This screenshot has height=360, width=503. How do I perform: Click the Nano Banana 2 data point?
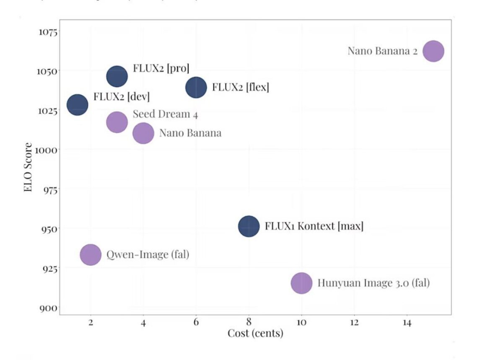tap(433, 51)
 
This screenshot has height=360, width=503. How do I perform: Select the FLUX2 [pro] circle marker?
tap(117, 76)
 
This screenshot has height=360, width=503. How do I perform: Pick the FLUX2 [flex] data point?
tap(196, 88)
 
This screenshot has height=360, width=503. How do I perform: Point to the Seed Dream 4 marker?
tap(117, 122)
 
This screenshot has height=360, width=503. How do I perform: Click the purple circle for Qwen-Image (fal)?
tap(91, 254)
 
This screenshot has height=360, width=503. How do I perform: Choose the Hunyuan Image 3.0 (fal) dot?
tap(301, 283)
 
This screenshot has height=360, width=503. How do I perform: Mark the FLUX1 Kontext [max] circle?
tap(249, 226)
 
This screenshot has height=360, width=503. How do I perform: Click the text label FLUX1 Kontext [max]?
tap(314, 226)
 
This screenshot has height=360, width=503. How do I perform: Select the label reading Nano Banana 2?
tap(383, 51)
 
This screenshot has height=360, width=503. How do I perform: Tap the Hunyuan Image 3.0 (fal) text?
tap(373, 283)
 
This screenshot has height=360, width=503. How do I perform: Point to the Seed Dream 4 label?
tap(165, 114)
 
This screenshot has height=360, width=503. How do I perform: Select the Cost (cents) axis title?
tap(255, 334)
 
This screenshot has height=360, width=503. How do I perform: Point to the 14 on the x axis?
tap(407, 323)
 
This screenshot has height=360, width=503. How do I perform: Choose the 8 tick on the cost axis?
tap(249, 323)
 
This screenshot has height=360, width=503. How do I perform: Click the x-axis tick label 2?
tap(91, 323)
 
